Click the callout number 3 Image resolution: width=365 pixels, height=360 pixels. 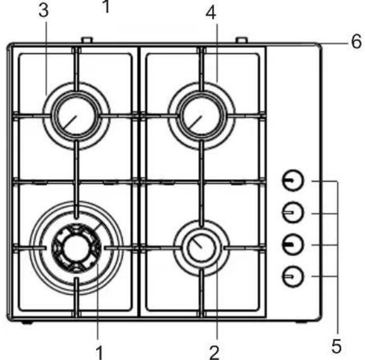coord(44,11)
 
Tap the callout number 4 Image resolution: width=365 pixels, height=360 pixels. coord(211,13)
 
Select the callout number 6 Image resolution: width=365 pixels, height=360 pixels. coord(356,42)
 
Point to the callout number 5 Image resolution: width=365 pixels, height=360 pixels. coord(337,346)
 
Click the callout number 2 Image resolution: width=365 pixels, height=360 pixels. coord(215,353)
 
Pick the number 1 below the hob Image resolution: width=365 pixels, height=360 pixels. coord(99,353)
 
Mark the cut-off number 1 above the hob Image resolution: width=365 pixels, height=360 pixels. coord(106,6)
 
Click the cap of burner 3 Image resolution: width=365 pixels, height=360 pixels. coord(76,116)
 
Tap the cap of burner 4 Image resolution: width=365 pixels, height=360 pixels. coord(201,116)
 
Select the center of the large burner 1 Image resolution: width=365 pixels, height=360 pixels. coord(76,248)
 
